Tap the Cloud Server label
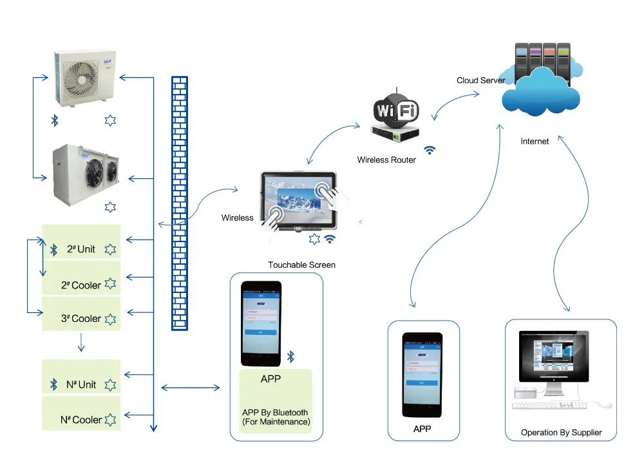click(480, 80)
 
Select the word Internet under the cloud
click(535, 142)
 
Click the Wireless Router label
click(386, 160)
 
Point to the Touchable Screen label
click(301, 265)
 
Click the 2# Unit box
click(81, 249)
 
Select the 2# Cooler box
click(81, 285)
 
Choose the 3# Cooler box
click(81, 319)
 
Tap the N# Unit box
click(81, 384)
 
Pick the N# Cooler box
click(81, 420)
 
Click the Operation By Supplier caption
click(561, 433)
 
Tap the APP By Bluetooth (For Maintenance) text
click(276, 417)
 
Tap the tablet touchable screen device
click(299, 201)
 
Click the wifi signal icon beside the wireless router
click(430, 149)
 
